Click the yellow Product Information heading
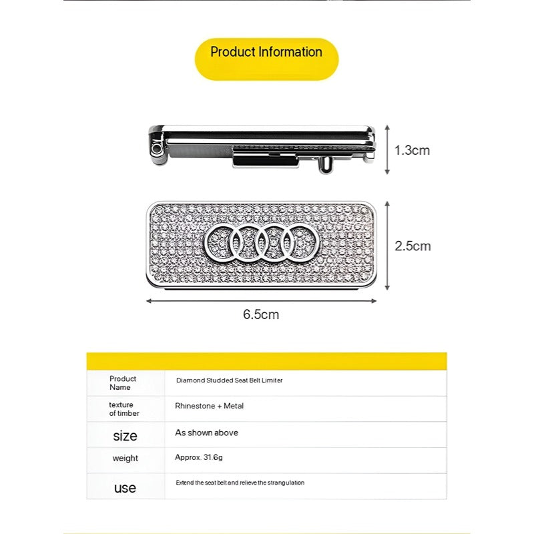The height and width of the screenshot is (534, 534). coord(266,53)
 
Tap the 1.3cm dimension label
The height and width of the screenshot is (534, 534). coord(412,150)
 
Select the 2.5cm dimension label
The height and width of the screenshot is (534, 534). coord(413,246)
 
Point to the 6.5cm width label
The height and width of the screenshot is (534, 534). coord(261,314)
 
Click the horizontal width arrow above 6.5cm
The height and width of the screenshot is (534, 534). coord(261,300)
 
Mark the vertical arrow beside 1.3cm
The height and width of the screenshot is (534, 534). coord(387,150)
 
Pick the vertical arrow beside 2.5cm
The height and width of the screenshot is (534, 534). coord(387,246)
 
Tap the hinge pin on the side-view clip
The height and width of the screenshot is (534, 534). coord(156,147)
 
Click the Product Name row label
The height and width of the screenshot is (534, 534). coord(123,383)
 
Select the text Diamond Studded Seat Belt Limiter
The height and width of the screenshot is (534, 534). coord(229,380)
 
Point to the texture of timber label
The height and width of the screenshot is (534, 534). coord(123,409)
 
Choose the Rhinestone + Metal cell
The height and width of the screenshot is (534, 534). coord(209,406)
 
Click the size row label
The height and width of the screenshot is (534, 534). coord(125,436)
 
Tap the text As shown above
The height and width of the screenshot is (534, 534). coord(206,433)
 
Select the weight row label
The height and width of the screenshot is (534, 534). coord(125,459)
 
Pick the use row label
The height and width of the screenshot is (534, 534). coord(125,487)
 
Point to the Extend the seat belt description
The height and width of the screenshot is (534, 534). coord(240,482)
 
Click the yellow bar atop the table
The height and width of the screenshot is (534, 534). coord(266,361)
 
